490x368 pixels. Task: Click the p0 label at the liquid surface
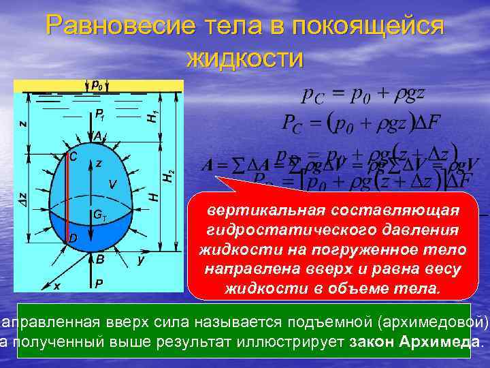pyautogui.click(x=97, y=86)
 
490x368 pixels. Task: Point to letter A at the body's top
pyautogui.click(x=98, y=136)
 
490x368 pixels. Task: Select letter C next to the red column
pyautogui.click(x=73, y=156)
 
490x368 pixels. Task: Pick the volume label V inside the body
pyautogui.click(x=112, y=184)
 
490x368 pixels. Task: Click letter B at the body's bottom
pyautogui.click(x=99, y=259)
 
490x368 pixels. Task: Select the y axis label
pyautogui.click(x=140, y=260)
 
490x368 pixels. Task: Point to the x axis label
pyautogui.click(x=56, y=286)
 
